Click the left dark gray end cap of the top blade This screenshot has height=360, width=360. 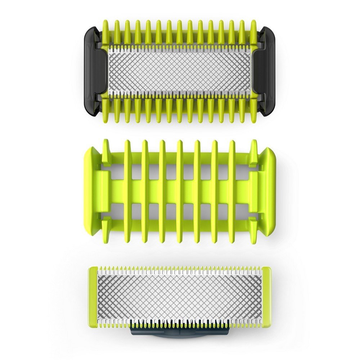point(92,70)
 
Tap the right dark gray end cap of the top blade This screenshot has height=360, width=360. point(267,70)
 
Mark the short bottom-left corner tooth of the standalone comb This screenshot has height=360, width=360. point(106,230)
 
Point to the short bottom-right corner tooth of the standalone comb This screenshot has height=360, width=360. point(254,230)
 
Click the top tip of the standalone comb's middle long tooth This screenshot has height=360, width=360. point(180,144)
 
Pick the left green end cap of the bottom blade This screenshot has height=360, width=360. point(93,297)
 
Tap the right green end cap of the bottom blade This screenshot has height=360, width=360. point(266,297)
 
